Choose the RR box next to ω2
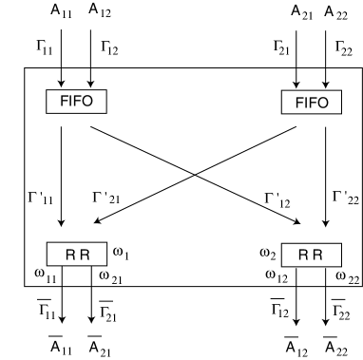306,255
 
